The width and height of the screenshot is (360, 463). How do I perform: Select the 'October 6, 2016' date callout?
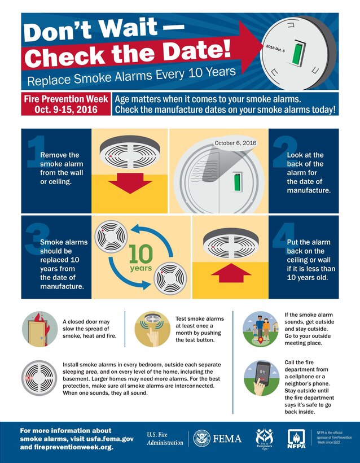coord(235,143)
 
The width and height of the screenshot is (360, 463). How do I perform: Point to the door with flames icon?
coord(38,330)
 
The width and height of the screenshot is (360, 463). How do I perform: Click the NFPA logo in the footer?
coord(297,438)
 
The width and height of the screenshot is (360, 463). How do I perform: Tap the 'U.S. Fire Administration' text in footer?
coord(165,439)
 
